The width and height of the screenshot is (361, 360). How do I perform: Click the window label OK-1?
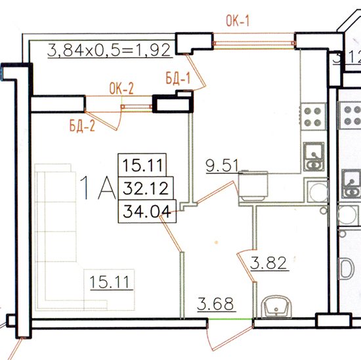[238, 21]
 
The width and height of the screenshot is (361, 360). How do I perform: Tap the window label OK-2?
[121, 89]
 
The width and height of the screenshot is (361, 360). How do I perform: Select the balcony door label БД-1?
[178, 79]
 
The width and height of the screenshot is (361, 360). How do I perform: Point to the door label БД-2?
[82, 126]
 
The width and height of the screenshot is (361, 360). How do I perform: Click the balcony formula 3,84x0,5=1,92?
[109, 50]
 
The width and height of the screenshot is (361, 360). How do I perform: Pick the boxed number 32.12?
[145, 188]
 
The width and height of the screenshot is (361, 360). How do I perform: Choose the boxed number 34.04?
[147, 211]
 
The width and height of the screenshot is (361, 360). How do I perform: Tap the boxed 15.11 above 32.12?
[142, 165]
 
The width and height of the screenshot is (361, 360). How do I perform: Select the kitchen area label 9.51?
[222, 165]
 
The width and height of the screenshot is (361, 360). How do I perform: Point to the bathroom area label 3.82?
[268, 263]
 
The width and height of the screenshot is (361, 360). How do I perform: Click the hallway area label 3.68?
[215, 304]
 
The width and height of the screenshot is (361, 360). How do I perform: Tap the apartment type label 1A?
[97, 188]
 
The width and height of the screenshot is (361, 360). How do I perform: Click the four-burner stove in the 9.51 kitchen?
[313, 117]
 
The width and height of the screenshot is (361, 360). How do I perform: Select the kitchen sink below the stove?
[314, 157]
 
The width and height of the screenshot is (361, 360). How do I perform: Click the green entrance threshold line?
[230, 319]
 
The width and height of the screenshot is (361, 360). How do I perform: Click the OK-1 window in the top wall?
[254, 43]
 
